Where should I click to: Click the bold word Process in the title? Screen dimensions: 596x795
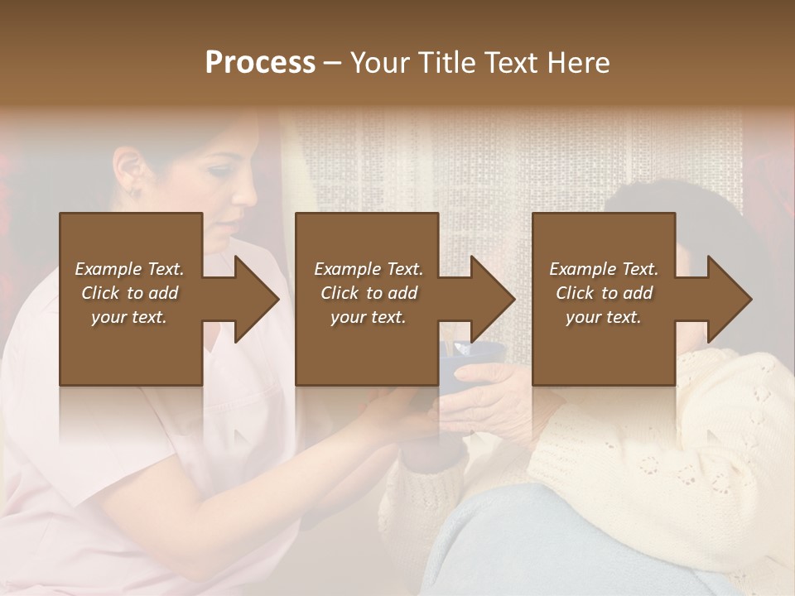(x=260, y=63)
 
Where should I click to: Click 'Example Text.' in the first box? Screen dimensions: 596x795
(x=129, y=269)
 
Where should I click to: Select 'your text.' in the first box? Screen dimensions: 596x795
(x=129, y=317)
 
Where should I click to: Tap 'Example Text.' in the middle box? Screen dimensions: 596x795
(x=369, y=269)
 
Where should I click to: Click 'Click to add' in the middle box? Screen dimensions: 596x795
(x=369, y=293)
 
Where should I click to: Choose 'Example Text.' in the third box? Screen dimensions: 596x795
(x=604, y=269)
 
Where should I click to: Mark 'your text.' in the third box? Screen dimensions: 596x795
(x=604, y=317)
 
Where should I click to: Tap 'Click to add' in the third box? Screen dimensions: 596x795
(x=604, y=293)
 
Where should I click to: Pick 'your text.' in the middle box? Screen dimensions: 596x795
(x=369, y=317)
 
